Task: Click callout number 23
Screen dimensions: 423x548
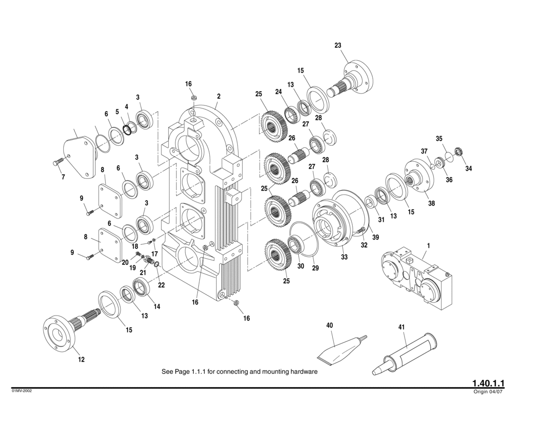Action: [x=338, y=45]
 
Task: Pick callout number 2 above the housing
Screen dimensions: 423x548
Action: [x=218, y=96]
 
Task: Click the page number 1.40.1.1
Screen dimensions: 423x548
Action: [x=489, y=383]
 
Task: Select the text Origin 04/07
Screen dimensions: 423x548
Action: [x=489, y=392]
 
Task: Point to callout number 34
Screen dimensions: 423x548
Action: [x=468, y=169]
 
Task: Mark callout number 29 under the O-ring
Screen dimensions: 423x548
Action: [x=315, y=268]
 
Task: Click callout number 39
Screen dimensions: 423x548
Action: [x=376, y=237]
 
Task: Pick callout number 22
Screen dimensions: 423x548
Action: [x=161, y=285]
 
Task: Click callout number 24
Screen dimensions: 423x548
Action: [x=278, y=92]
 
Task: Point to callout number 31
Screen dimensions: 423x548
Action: [x=382, y=219]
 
